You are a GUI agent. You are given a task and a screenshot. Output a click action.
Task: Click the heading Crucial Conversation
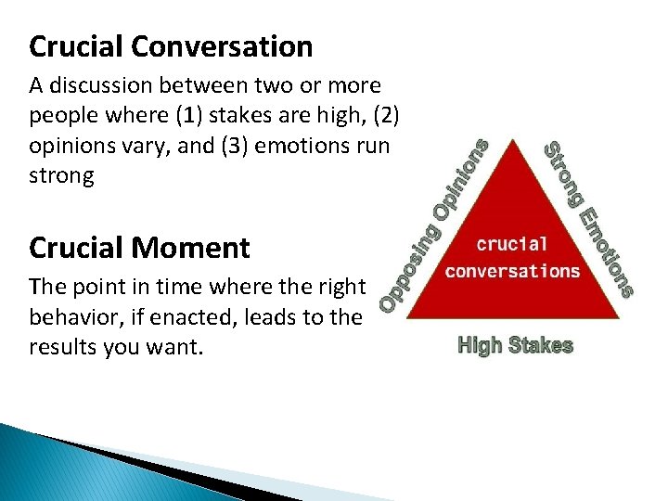coord(171,45)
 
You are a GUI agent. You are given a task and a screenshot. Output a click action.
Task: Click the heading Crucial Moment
coord(139,248)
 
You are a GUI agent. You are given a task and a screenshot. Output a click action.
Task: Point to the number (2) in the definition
coord(383,116)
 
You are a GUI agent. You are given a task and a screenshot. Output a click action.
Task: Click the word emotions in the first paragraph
coord(274,146)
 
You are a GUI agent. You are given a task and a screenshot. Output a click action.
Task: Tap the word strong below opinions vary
coord(61,175)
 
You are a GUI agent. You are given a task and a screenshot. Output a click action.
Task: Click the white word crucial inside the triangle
coord(512,244)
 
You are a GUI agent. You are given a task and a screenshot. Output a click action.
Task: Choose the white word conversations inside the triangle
coord(512,271)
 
